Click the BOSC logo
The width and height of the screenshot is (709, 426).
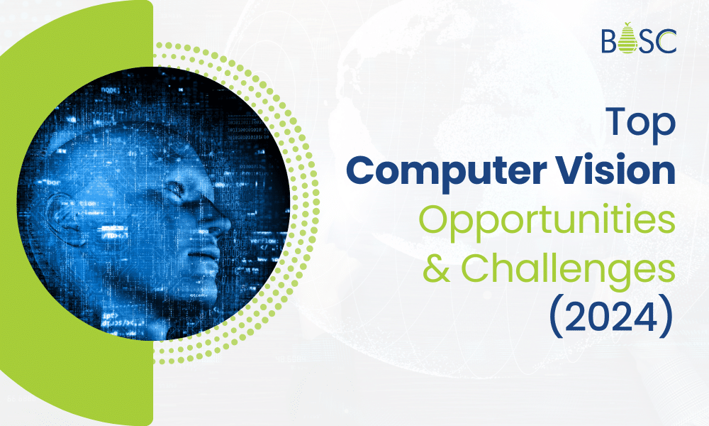click(x=638, y=40)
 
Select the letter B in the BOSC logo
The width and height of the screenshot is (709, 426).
click(x=608, y=40)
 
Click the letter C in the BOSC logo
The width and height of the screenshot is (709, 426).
click(x=667, y=40)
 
